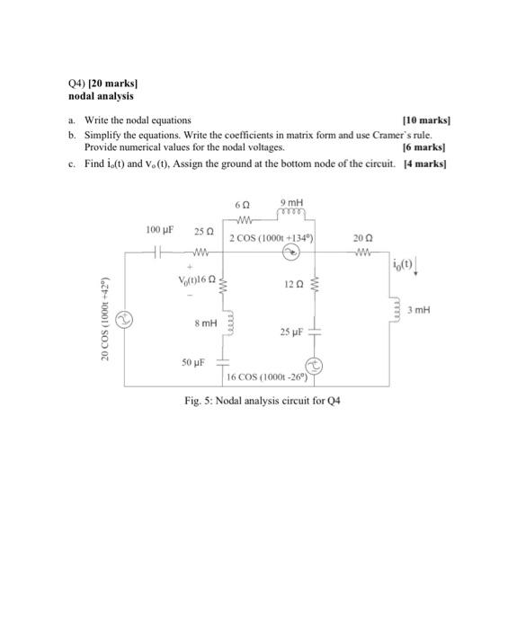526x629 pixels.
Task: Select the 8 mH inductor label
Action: (x=206, y=321)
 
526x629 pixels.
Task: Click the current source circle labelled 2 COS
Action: (x=292, y=253)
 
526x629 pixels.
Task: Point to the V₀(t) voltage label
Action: (x=192, y=279)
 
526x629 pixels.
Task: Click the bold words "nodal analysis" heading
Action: (x=101, y=95)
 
